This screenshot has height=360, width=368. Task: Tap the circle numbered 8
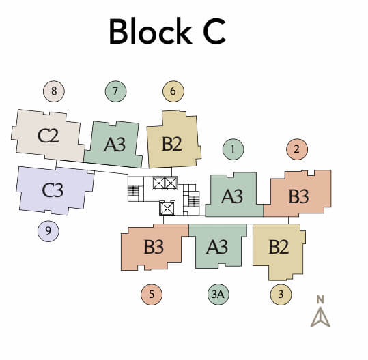[53, 91]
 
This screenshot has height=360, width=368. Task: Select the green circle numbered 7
[116, 91]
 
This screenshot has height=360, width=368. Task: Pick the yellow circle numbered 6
[173, 91]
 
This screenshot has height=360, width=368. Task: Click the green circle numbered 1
[233, 149]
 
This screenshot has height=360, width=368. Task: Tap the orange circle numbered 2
[297, 149]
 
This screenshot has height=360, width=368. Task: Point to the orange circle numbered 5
[152, 295]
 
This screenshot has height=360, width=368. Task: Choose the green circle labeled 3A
[218, 295]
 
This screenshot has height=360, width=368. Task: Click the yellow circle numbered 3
[280, 295]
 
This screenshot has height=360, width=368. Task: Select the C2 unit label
[48, 135]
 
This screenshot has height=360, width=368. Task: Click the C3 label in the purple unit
[53, 190]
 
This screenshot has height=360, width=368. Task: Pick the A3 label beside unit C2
[115, 144]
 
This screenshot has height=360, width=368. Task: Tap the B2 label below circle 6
[172, 144]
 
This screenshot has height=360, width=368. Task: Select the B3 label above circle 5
[154, 247]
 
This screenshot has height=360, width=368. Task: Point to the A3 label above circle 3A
[216, 247]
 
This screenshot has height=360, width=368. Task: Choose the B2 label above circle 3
[279, 247]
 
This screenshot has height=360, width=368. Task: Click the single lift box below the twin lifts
[167, 208]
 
